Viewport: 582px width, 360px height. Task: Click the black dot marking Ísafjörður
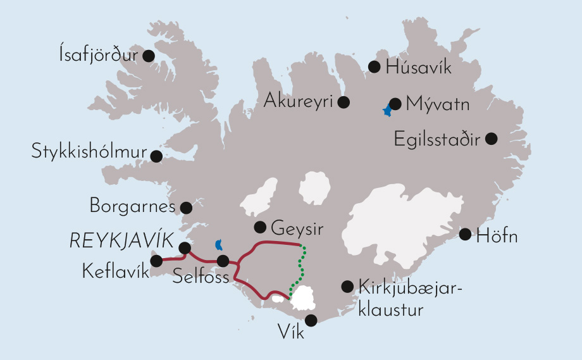pos(149,56)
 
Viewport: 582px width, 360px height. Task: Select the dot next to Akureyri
pos(344,101)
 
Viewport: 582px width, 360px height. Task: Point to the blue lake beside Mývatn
pos(387,111)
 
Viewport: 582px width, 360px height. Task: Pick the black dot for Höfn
pos(465,234)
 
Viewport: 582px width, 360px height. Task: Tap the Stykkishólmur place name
pos(89,152)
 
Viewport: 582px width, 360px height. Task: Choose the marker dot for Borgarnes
pos(186,208)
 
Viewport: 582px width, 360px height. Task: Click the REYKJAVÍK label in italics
pos(121,240)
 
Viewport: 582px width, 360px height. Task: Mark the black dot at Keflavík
pos(156,261)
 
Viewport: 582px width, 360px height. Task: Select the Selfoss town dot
pos(223,261)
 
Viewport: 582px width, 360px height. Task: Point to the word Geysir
pos(293,227)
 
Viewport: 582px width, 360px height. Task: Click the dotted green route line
pos(300,269)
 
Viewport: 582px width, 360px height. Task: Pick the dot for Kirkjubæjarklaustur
pos(347,286)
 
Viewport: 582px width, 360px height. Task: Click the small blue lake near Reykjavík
pos(219,244)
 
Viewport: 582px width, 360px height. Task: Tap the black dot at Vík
pos(311,320)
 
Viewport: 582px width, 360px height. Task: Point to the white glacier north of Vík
pos(304,297)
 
